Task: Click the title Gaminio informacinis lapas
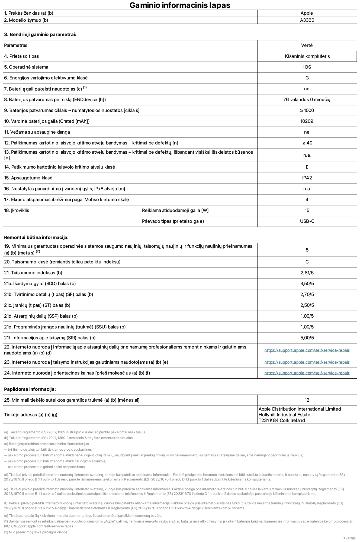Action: point(180,5)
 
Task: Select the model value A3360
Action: point(307,20)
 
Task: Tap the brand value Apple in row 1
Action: point(307,13)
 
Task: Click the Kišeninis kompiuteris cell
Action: point(307,56)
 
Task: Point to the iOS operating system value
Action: point(307,67)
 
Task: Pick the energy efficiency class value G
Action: point(307,78)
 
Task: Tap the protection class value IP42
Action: point(307,178)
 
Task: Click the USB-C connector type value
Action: point(307,221)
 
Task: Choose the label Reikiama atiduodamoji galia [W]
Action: point(175,211)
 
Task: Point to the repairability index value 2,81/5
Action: point(307,273)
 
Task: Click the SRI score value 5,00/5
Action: point(307,338)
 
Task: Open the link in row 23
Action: point(307,362)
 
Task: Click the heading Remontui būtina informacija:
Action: point(36,238)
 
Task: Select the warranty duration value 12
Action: point(307,400)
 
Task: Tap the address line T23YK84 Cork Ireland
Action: point(281,421)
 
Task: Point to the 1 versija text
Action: point(349,538)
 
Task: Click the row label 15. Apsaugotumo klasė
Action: point(28,178)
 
